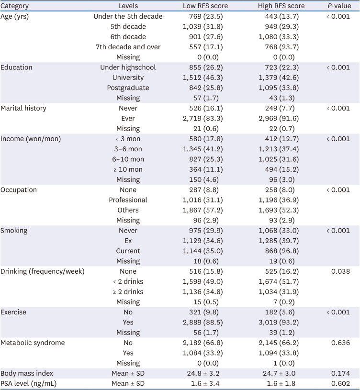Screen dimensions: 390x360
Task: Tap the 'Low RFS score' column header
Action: tap(205, 6)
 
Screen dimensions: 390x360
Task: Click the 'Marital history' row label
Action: tap(23, 108)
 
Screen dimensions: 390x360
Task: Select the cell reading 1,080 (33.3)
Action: tap(278, 37)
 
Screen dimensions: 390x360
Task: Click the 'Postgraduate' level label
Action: tap(128, 88)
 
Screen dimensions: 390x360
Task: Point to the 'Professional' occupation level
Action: tap(128, 200)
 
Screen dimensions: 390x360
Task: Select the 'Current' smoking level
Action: tap(128, 251)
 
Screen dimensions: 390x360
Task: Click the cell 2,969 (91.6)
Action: tap(278, 118)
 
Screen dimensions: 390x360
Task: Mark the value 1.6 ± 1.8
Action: tap(278, 383)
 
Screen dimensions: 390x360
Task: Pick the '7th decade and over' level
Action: tap(128, 47)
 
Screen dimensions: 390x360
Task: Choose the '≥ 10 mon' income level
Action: tap(128, 169)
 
